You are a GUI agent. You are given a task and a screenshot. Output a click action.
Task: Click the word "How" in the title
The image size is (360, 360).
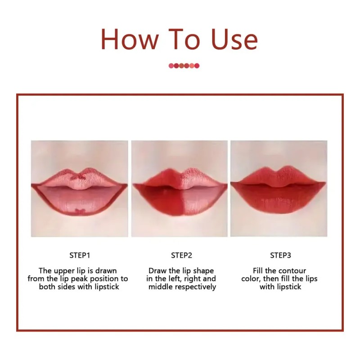pyautogui.click(x=130, y=39)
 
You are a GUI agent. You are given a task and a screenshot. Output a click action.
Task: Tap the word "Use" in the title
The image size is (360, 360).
pyautogui.click(x=234, y=39)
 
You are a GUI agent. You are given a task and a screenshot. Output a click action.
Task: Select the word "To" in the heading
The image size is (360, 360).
pyautogui.click(x=184, y=39)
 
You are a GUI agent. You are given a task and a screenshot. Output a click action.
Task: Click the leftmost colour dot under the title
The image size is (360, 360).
pyautogui.click(x=171, y=66)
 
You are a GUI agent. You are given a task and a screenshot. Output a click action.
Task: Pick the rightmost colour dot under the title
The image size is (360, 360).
pyautogui.click(x=197, y=66)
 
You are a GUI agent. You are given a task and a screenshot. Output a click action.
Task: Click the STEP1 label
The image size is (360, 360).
pyautogui.click(x=80, y=255)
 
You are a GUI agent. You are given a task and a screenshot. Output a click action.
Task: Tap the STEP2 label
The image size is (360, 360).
pyautogui.click(x=181, y=255)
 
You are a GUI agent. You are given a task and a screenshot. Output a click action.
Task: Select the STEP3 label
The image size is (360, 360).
pyautogui.click(x=280, y=255)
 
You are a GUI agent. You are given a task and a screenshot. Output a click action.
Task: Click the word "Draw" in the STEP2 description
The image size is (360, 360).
pyautogui.click(x=157, y=271)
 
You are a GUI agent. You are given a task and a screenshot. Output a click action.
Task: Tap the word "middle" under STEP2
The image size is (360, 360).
pyautogui.click(x=161, y=287)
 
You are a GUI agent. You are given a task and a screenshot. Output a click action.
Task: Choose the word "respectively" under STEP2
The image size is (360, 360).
pyautogui.click(x=195, y=287)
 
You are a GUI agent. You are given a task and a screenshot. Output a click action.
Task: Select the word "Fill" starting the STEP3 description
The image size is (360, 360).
pyautogui.click(x=257, y=271)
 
